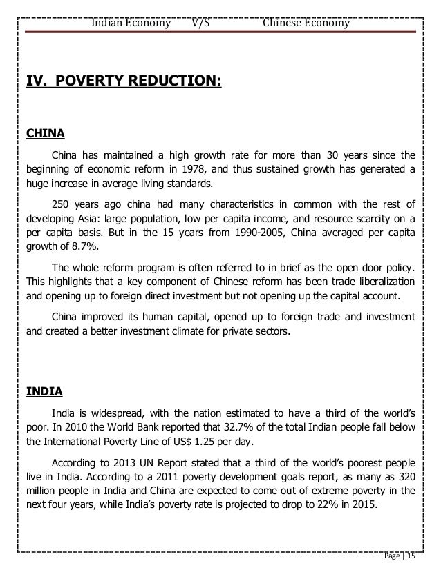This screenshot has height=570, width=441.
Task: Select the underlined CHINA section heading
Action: pyautogui.click(x=46, y=132)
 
